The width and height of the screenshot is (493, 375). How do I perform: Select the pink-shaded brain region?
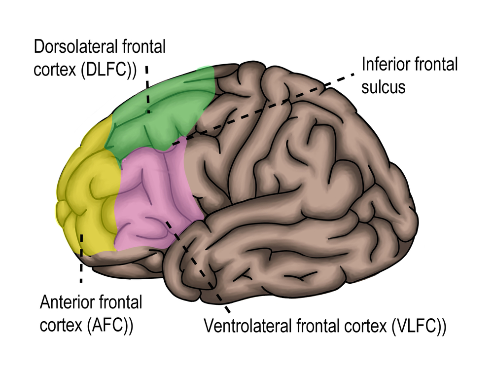point(153,197)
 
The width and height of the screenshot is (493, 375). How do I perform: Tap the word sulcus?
point(383,86)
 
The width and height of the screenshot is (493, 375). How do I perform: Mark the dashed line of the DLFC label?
point(147,89)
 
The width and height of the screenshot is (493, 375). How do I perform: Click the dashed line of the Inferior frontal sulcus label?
point(266,109)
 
